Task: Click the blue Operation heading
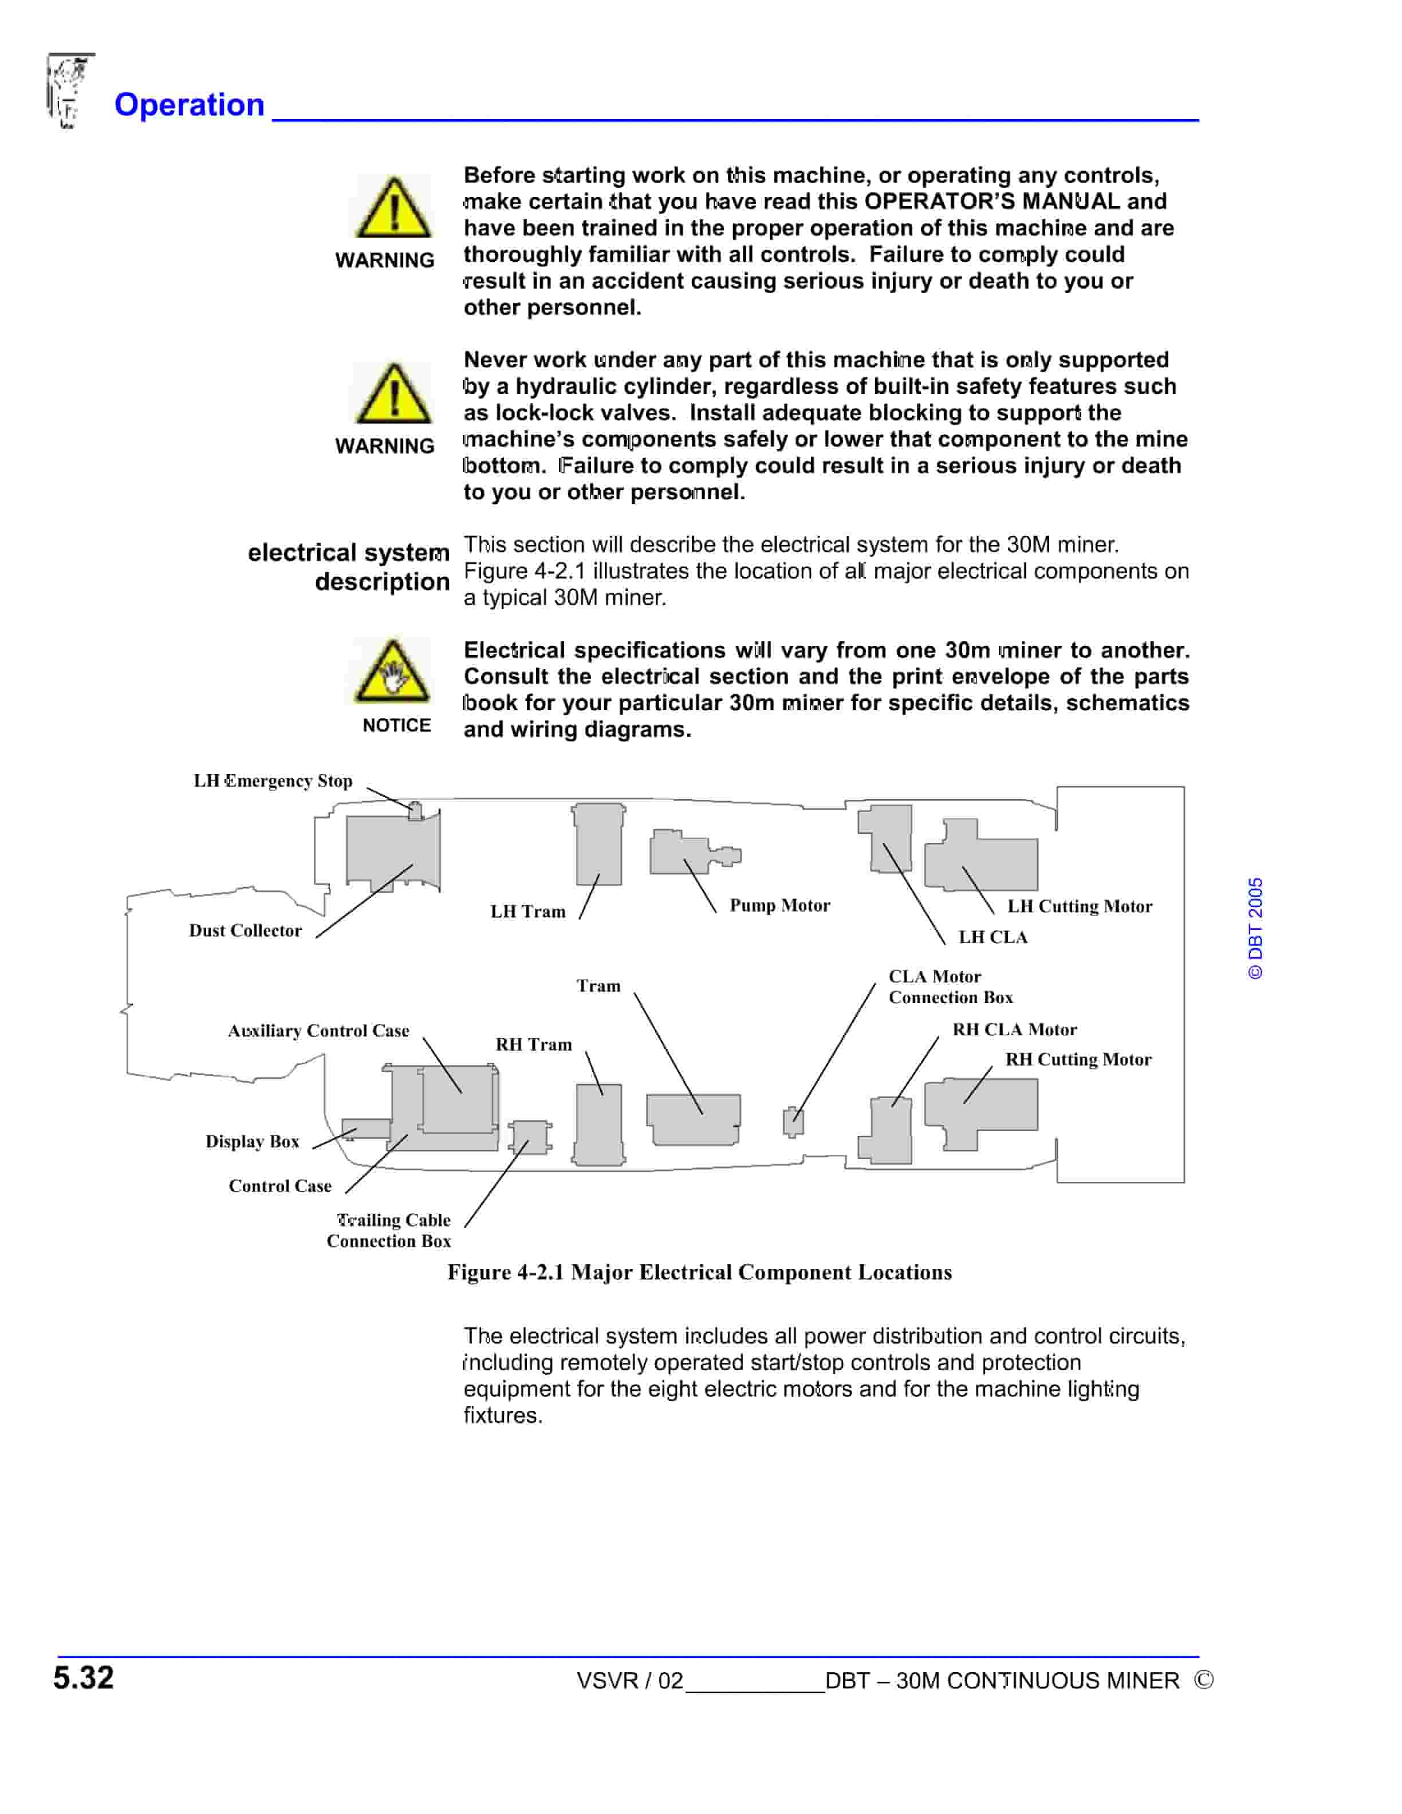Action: pos(190,105)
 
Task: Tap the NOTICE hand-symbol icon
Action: pos(392,671)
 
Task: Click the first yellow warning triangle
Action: pos(393,208)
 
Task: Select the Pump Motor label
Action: pos(779,905)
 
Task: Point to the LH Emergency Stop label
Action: pos(273,781)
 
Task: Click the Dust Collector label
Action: pos(245,930)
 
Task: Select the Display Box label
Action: pos(251,1141)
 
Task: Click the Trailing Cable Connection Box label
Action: pos(389,1230)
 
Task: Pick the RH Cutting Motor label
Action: pos(1078,1059)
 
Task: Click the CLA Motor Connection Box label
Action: pos(950,987)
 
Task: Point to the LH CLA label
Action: pos(993,937)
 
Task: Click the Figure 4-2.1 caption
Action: pos(699,1272)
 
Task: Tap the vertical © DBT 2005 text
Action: pos(1255,928)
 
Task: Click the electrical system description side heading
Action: pos(349,566)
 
